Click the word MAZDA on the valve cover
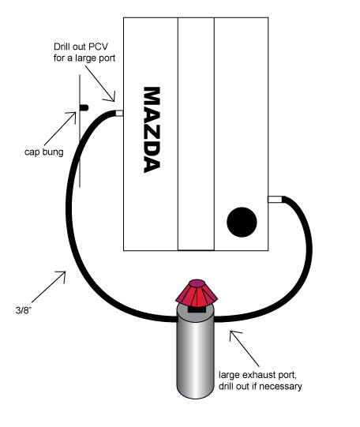tap(152, 129)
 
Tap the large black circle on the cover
tap(242, 222)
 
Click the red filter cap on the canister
tap(197, 292)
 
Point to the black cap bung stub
tap(84, 107)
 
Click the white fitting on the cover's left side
tap(119, 113)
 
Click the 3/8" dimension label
tap(24, 310)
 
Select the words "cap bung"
tap(44, 152)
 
